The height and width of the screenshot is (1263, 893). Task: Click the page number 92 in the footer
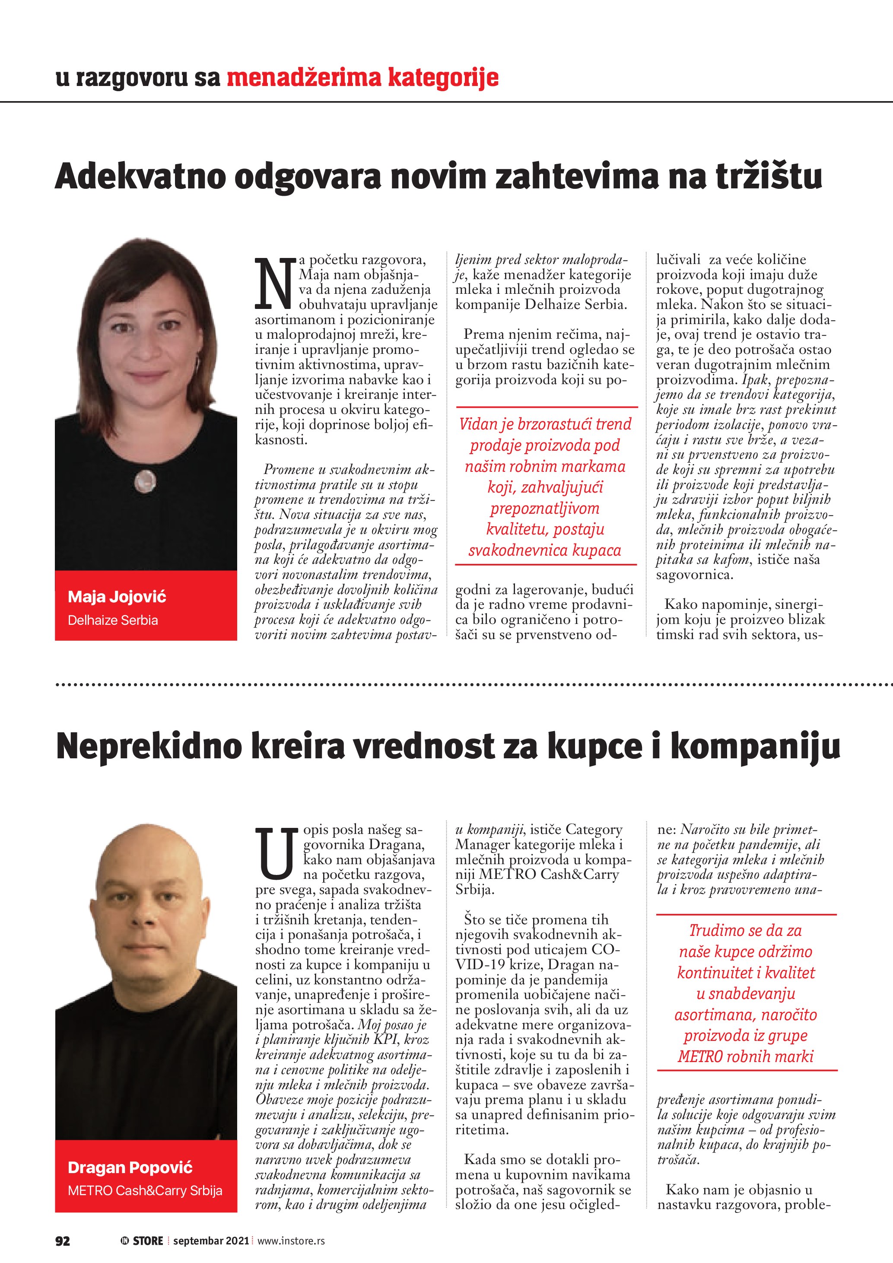[63, 1241]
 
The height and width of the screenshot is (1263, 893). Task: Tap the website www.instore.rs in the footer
[291, 1241]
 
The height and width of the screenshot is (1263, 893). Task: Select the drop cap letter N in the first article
[274, 282]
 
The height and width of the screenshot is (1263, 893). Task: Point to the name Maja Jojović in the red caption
[117, 597]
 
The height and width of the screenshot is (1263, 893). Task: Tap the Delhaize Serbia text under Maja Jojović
[113, 620]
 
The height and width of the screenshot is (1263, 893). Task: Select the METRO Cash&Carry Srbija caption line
[145, 1190]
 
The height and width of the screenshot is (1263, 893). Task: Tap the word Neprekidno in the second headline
[149, 747]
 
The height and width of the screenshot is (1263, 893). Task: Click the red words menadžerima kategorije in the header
[362, 78]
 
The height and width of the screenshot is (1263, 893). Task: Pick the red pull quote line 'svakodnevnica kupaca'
[544, 550]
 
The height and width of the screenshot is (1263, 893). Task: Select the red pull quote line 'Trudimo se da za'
[746, 930]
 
